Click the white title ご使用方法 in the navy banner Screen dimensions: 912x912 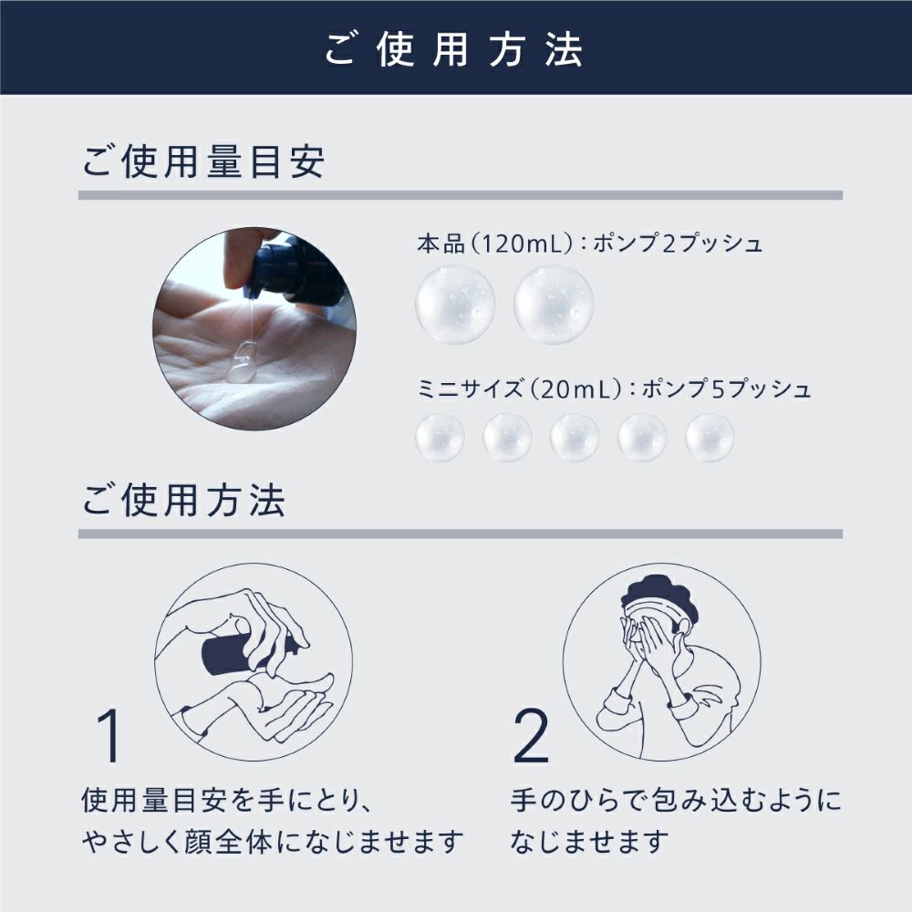[x=453, y=49]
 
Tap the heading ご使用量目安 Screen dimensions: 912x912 [x=203, y=161]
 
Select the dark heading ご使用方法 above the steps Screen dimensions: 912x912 [x=183, y=500]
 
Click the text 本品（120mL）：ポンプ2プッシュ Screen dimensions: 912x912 [x=589, y=244]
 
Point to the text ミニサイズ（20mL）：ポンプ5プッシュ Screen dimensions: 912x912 [x=614, y=389]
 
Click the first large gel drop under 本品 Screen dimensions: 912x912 [x=455, y=305]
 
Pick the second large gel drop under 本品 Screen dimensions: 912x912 [x=554, y=305]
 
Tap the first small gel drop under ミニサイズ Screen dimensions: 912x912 [x=440, y=438]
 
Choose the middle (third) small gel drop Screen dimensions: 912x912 [x=575, y=438]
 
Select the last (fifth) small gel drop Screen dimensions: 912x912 [x=710, y=438]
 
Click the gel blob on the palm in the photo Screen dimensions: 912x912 [x=243, y=363]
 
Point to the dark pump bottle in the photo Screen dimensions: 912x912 [x=296, y=267]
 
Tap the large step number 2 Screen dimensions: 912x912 [x=531, y=735]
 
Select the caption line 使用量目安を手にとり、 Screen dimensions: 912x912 [x=227, y=801]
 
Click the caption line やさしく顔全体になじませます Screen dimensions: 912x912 [x=272, y=842]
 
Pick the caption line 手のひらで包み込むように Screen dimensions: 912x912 [x=676, y=801]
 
